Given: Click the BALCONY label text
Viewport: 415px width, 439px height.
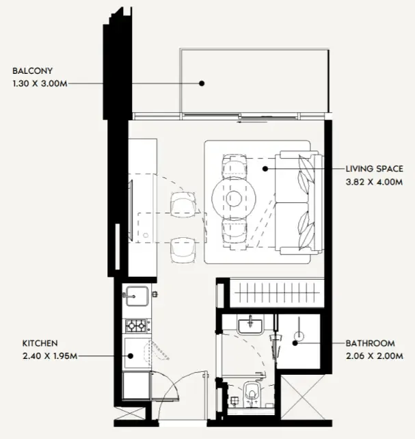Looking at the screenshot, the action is coord(32,71).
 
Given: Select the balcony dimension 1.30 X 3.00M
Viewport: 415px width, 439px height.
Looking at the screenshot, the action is coord(40,83).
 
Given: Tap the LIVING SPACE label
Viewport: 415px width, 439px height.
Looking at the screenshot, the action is coord(375,169).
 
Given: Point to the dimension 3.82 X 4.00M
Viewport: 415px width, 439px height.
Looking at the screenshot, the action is coord(374,182).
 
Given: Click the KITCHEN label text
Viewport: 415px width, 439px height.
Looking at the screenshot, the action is coord(40,343).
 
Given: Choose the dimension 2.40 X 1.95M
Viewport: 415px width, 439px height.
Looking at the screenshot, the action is coord(50,356).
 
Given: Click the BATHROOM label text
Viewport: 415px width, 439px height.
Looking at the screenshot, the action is coord(371,343).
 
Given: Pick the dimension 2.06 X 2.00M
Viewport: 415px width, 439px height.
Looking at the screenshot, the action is coord(375,356).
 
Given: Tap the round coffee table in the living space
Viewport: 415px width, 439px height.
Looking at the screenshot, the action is coord(234,198).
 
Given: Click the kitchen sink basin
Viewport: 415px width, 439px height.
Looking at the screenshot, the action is coord(137,296).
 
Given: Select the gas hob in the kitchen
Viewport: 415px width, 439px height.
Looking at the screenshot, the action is coord(136,325).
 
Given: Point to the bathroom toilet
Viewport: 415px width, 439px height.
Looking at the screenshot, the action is coord(252,393).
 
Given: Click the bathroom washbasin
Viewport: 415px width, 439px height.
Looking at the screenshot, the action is coord(250,325).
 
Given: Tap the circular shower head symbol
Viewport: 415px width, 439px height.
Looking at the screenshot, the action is coord(299,336).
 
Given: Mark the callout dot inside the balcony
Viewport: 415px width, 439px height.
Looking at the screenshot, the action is coord(202,83).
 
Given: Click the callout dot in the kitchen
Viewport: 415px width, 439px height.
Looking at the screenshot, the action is coord(131,356).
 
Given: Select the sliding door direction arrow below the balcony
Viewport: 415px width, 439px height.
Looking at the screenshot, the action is coord(252,122).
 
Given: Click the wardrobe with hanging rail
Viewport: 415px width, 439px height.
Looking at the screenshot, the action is coord(277,293).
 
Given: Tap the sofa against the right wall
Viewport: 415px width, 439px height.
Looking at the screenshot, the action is coord(299,202).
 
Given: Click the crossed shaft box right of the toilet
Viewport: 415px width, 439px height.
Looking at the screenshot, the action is coord(303,397).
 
